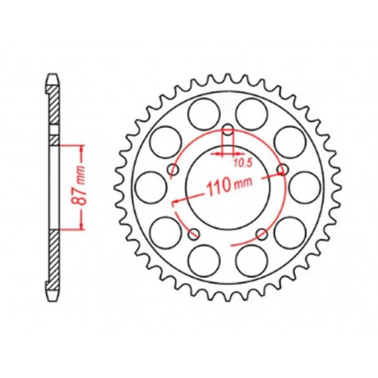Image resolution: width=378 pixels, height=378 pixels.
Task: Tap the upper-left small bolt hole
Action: coord(172,170)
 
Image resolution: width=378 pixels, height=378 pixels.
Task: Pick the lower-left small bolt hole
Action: coord(194,234)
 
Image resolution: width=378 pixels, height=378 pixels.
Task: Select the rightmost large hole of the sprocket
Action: coord(303,188)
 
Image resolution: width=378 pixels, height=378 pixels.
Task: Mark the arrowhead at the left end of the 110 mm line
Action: coord(173,203)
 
